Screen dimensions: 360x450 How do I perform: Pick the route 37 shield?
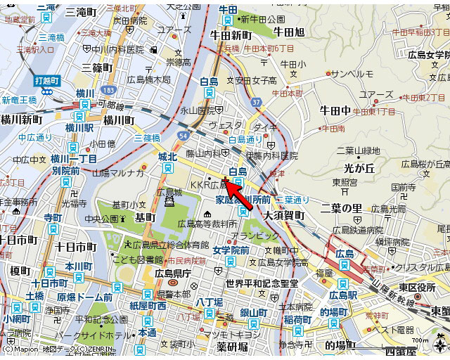[x=257, y=103]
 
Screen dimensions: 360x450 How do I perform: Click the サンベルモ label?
[x=352, y=74]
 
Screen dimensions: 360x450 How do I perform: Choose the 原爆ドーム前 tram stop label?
[x=85, y=297]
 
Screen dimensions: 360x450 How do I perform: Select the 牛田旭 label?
[x=288, y=32]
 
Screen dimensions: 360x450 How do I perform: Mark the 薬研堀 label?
[x=232, y=346]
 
